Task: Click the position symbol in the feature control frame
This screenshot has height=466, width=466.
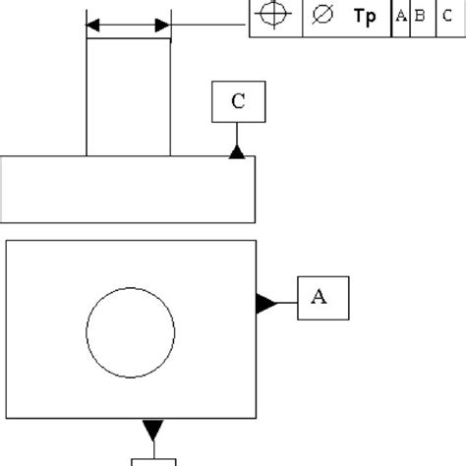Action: tap(275, 17)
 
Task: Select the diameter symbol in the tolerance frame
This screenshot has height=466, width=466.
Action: tap(320, 17)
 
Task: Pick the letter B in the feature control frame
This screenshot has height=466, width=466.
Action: tap(421, 17)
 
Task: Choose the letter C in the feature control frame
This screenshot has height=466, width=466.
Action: tap(447, 17)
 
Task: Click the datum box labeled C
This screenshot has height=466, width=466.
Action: tap(237, 101)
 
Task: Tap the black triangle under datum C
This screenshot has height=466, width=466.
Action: tap(237, 150)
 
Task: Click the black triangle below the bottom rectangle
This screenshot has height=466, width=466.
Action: tap(152, 430)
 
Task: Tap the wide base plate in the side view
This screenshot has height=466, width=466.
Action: tap(129, 189)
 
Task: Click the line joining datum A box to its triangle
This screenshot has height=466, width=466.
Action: tap(286, 303)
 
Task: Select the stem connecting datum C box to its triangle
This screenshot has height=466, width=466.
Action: tap(237, 133)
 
